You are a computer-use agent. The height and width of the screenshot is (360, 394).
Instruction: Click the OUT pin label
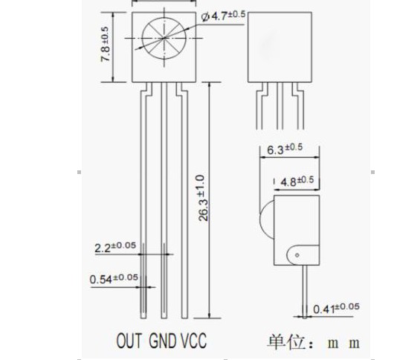129,341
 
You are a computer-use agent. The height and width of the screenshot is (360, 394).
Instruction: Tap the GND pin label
163,341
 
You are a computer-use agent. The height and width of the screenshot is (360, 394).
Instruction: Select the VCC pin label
194,341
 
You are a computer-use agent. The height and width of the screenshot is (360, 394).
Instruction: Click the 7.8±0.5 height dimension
106,44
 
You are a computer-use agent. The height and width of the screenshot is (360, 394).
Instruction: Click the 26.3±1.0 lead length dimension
203,198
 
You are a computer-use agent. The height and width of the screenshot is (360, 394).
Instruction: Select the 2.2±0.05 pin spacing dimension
115,247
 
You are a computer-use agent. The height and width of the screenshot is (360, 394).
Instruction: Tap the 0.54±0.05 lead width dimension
114,278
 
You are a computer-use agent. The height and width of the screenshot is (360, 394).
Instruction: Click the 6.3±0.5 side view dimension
285,149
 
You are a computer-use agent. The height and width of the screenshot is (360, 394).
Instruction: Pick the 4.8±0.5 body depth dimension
297,181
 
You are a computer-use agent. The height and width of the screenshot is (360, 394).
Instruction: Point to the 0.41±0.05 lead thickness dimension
336,308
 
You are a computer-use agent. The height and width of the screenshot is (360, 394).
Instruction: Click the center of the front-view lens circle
164,38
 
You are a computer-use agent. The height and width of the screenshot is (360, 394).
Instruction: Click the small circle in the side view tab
297,255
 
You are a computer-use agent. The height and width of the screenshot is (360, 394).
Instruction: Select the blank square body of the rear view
280,47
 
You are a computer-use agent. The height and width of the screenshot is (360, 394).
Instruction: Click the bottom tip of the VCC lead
184,318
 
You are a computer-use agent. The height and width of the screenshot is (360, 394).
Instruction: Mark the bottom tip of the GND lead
164,318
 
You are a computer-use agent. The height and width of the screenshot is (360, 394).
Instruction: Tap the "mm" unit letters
343,344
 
